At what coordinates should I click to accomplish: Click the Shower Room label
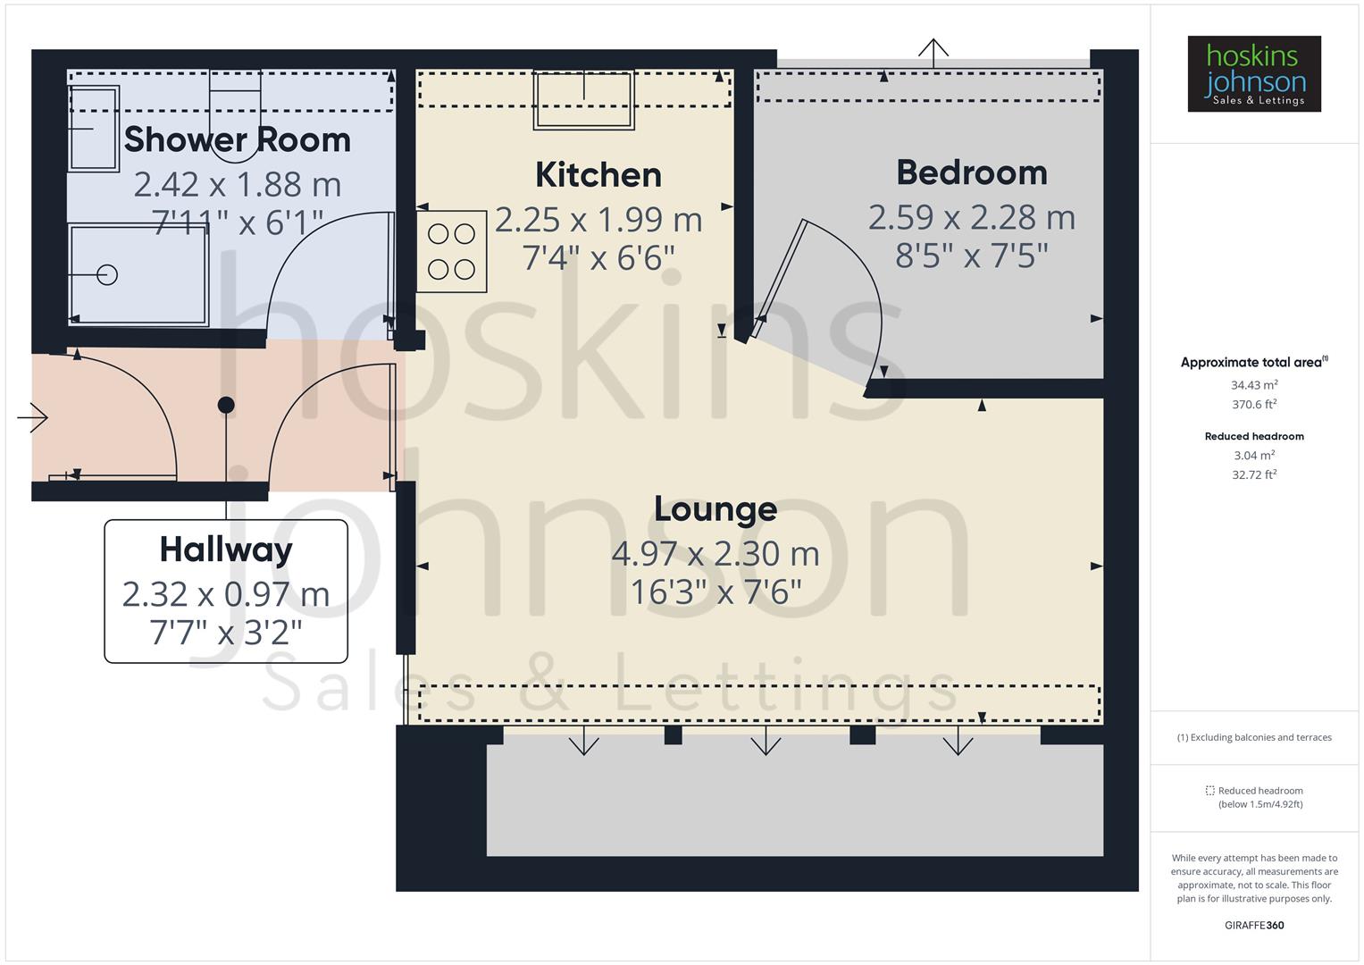coord(237,139)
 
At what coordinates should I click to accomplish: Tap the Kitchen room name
coord(598,174)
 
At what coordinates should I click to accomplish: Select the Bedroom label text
coord(971,172)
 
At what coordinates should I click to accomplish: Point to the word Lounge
coord(715,508)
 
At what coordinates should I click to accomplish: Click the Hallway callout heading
coord(226,549)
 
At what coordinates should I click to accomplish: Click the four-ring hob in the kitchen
coord(451,251)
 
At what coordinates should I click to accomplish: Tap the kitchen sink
coord(584,99)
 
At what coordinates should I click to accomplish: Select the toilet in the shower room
coord(235,112)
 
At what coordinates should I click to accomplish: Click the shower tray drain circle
coord(107,274)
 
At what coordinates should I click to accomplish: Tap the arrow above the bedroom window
coord(933,52)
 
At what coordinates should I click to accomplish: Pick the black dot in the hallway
coord(226,405)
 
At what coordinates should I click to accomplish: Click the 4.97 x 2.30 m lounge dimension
coord(715,554)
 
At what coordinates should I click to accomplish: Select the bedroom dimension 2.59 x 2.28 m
coord(971,217)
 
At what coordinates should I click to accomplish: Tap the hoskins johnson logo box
coord(1253,74)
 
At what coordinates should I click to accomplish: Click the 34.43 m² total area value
coord(1253,385)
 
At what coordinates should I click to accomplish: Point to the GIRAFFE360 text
coord(1253,925)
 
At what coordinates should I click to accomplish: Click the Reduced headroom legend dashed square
coord(1209,791)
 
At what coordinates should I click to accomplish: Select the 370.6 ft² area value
coord(1253,404)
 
